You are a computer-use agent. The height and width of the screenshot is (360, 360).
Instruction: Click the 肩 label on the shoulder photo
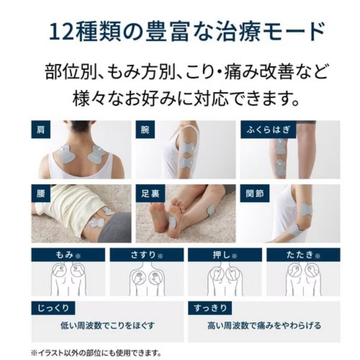pyautogui.click(x=41, y=130)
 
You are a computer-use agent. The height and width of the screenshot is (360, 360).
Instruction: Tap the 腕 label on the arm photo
pyautogui.click(x=145, y=130)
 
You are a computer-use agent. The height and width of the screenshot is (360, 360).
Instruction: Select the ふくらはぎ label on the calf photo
pyautogui.click(x=268, y=130)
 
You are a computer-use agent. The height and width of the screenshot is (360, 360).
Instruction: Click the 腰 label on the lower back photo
pyautogui.click(x=41, y=193)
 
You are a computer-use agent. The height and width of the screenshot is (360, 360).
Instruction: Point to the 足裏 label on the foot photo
pyautogui.click(x=150, y=193)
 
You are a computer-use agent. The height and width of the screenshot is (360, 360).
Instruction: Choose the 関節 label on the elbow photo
pyautogui.click(x=255, y=193)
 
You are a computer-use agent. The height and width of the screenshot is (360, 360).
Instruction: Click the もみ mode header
pyautogui.click(x=68, y=255)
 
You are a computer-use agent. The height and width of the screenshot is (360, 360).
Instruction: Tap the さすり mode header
pyautogui.click(x=147, y=255)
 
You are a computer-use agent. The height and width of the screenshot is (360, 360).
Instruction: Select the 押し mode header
pyautogui.click(x=225, y=255)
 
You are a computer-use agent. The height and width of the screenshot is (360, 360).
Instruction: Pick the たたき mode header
pyautogui.click(x=303, y=255)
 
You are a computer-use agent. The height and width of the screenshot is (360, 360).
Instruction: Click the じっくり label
pyautogui.click(x=53, y=308)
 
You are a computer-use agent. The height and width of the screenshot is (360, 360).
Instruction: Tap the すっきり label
pyautogui.click(x=210, y=308)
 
